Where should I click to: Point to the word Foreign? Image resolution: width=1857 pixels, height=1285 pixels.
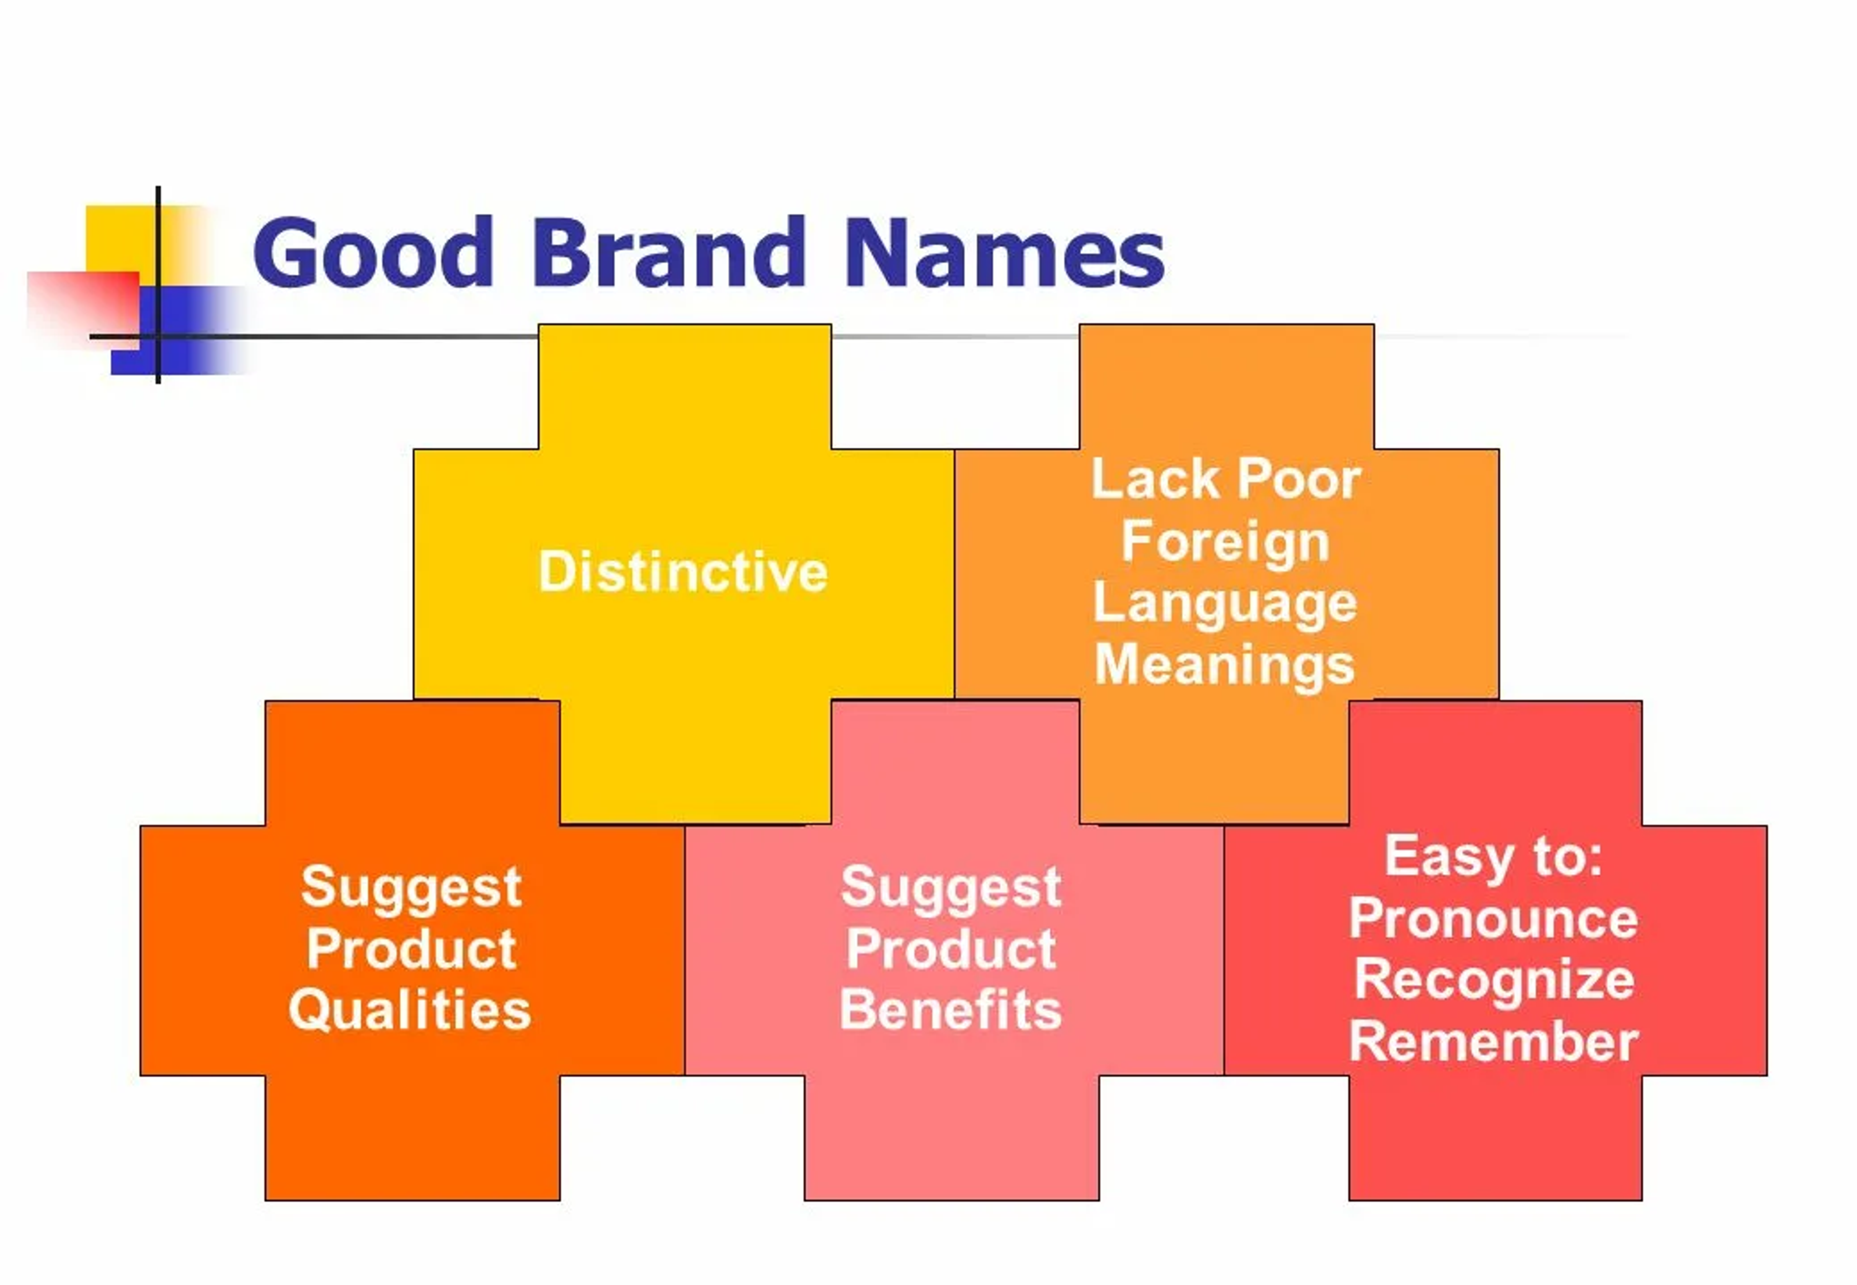[x=1225, y=542]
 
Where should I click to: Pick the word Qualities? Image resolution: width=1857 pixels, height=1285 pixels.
[x=410, y=1011]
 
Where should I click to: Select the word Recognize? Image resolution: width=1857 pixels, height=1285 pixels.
[x=1493, y=980]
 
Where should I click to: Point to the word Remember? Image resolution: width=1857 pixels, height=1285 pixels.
[x=1493, y=1043]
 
